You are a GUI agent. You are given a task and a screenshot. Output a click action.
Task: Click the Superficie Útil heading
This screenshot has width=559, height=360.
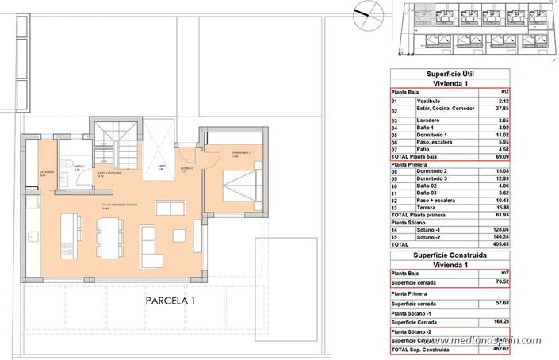click(x=450, y=73)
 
